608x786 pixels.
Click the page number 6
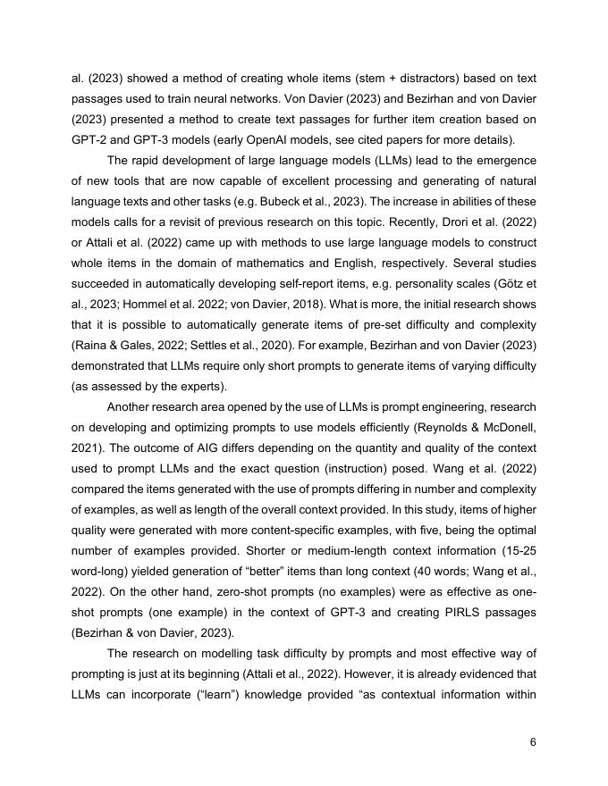(533, 740)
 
